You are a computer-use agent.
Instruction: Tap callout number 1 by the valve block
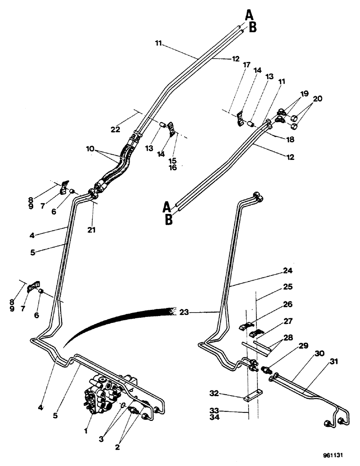tap(86, 431)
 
